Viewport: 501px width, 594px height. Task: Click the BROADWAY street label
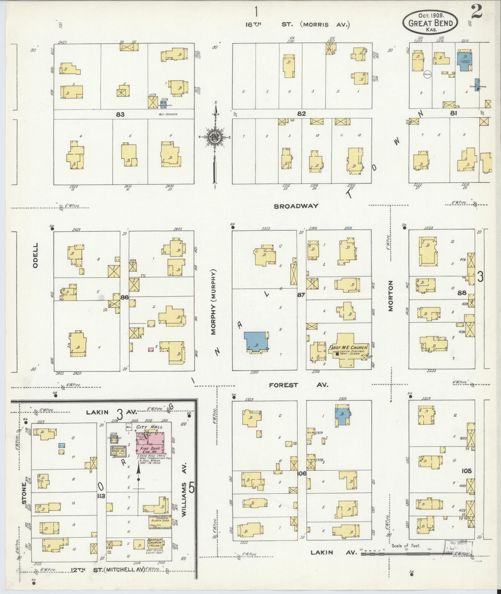296,206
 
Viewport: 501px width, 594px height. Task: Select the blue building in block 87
256,341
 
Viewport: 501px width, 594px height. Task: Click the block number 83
120,114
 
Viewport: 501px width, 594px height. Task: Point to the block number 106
302,473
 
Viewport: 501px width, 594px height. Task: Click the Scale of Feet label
406,545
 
